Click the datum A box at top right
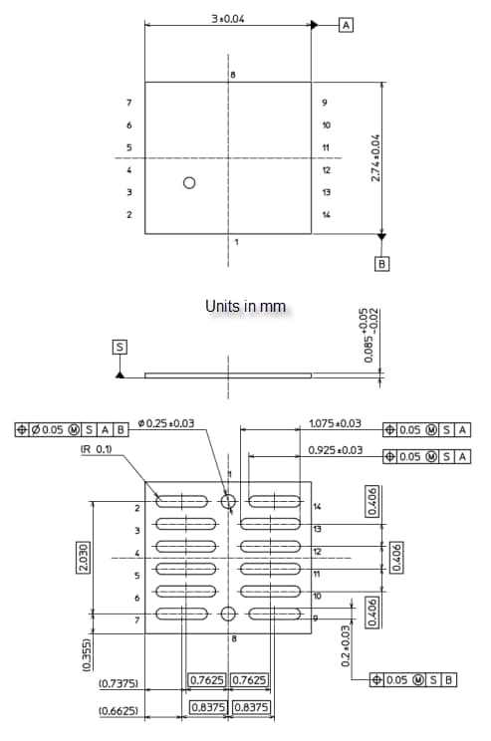[x=346, y=25]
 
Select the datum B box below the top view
[x=381, y=264]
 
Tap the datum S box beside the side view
[x=120, y=347]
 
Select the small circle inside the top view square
[x=189, y=183]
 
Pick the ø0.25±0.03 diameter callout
[x=168, y=424]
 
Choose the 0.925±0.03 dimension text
[x=336, y=450]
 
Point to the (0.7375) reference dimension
[x=119, y=684]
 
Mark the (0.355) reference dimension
[x=86, y=658]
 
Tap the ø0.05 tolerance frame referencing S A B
[x=72, y=430]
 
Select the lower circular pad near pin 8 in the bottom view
[x=228, y=614]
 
